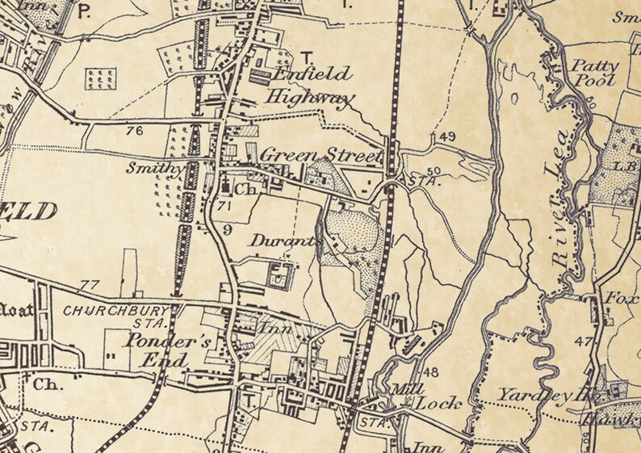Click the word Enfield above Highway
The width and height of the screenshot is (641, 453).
tap(312, 75)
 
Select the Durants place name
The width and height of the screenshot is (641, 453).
tap(274, 241)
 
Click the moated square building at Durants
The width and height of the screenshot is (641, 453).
tap(279, 275)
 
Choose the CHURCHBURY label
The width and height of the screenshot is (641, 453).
tap(117, 310)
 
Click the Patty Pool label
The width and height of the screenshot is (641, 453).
tap(596, 73)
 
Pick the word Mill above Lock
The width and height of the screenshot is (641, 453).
tap(403, 388)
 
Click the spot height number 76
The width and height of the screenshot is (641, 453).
tap(134, 130)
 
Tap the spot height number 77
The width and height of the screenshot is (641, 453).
tap(89, 285)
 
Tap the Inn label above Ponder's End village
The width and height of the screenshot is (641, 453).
tap(270, 329)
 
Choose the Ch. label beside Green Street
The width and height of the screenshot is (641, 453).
tap(245, 190)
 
